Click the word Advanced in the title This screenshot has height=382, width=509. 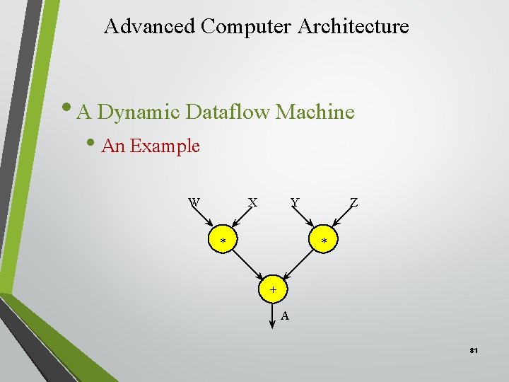click(x=149, y=27)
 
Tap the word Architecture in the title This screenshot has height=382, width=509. click(x=353, y=27)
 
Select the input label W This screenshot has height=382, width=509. click(x=194, y=202)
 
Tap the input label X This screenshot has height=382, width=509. click(x=252, y=202)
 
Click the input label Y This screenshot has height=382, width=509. click(x=295, y=202)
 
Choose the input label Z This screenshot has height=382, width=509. click(x=353, y=202)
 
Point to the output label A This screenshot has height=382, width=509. click(x=284, y=316)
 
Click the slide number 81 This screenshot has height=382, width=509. click(x=473, y=350)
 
